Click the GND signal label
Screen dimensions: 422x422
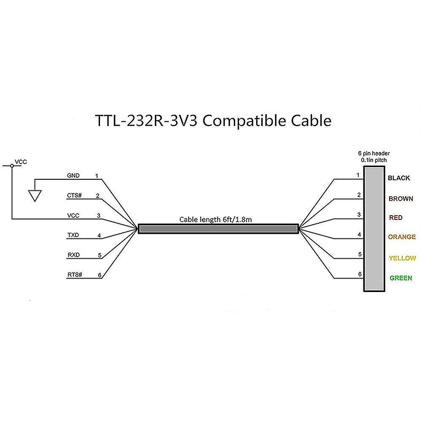[x=73, y=176]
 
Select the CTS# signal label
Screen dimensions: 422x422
[x=74, y=196]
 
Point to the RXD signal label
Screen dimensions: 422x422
[x=73, y=255]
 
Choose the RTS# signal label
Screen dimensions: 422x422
[x=75, y=275]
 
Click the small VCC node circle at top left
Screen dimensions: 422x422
[x=12, y=166]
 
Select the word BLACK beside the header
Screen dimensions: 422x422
[x=399, y=178]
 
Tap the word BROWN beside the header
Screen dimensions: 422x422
[x=400, y=198]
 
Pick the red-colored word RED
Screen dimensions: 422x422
[x=395, y=218]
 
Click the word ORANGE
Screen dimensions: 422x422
[x=402, y=237]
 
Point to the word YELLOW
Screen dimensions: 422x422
[x=402, y=258]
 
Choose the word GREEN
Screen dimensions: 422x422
[x=400, y=278]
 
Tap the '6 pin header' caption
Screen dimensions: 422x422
[x=374, y=154]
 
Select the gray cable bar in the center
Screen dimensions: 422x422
[x=218, y=229]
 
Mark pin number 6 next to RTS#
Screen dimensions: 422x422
[x=100, y=275]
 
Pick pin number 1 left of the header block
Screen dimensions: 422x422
[x=358, y=175]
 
